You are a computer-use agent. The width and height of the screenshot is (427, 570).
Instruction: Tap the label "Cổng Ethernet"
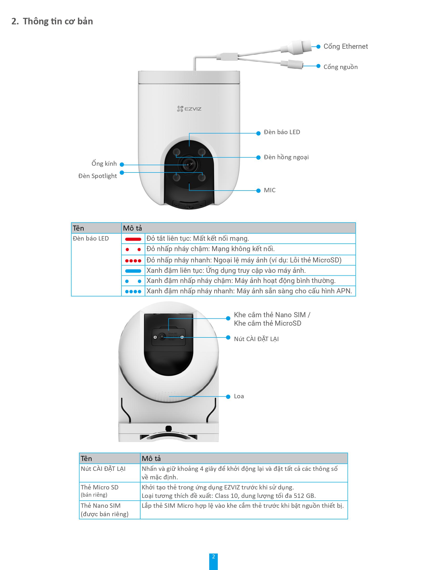[345, 46]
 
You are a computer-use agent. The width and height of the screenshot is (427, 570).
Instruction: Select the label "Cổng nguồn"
[340, 67]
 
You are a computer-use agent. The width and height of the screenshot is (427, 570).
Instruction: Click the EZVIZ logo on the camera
[189, 109]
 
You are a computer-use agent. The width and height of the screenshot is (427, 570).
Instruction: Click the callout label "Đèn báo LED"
[282, 132]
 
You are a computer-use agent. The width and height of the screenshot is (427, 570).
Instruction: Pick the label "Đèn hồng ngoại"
[286, 157]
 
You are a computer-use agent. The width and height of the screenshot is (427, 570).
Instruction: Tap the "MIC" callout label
[269, 190]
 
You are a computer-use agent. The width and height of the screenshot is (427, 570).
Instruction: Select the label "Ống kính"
[104, 164]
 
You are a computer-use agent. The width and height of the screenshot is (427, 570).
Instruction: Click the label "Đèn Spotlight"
[98, 176]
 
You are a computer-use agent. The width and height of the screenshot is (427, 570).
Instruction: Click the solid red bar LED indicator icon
[133, 239]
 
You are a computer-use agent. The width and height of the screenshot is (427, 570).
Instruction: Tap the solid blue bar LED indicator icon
[133, 271]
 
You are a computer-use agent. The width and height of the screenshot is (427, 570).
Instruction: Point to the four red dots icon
[133, 261]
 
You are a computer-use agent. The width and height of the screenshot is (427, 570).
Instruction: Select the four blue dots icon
[133, 292]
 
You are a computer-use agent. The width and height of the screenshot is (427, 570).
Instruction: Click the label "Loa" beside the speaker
[239, 396]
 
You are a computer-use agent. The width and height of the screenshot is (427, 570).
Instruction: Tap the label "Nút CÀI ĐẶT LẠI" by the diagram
[256, 339]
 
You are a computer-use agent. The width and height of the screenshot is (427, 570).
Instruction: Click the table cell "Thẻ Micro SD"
[100, 487]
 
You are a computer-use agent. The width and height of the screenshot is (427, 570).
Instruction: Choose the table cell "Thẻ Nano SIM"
[101, 506]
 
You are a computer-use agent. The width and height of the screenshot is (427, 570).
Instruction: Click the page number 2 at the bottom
[213, 556]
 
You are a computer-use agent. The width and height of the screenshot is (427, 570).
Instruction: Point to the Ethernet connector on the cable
[299, 47]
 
